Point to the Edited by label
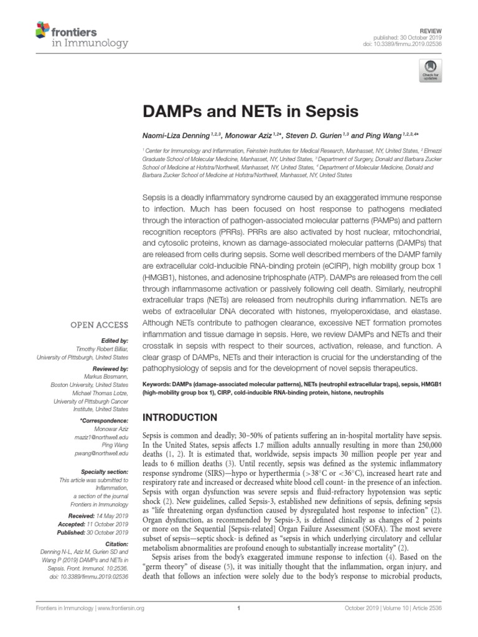115,341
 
